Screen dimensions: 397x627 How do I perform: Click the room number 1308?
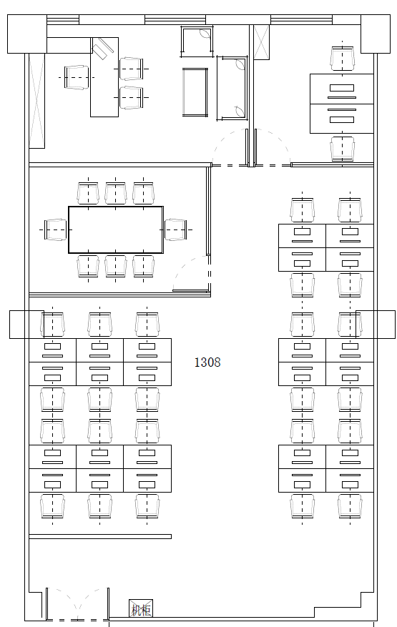207,362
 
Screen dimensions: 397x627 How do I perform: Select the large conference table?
116,230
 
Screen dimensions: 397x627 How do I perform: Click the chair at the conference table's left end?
56,230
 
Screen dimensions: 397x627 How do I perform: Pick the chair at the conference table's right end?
176,230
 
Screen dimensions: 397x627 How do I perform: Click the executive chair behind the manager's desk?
77,78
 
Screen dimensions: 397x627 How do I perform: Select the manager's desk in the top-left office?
104,77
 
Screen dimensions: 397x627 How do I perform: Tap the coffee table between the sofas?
195,92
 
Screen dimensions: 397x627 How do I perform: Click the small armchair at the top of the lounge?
197,40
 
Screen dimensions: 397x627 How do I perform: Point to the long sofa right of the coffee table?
232,88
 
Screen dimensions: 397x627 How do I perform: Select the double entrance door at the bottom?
77,604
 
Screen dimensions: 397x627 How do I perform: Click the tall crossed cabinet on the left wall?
36,101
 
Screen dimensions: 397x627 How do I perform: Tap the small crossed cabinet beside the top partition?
261,42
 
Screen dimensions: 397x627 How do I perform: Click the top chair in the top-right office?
343,59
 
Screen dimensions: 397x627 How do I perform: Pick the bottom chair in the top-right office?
343,149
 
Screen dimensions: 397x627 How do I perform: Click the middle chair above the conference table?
116,194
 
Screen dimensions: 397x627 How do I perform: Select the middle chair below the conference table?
116,267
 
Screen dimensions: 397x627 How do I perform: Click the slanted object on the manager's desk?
103,49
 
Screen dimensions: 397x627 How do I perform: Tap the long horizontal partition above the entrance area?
100,537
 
